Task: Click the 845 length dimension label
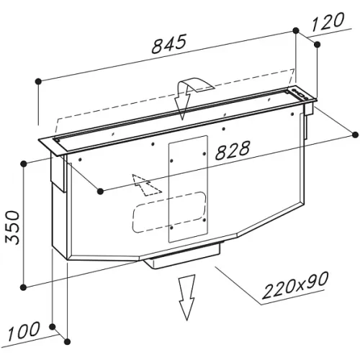pyautogui.click(x=169, y=44)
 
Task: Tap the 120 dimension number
pyautogui.click(x=328, y=22)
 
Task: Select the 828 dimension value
pyautogui.click(x=233, y=150)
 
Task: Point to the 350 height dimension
pyautogui.click(x=13, y=227)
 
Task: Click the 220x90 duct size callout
pyautogui.click(x=294, y=285)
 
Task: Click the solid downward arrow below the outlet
pyautogui.click(x=186, y=297)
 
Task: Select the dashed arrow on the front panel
pyautogui.click(x=145, y=185)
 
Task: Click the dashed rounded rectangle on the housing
pyautogui.click(x=169, y=212)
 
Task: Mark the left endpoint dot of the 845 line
pyautogui.click(x=38, y=81)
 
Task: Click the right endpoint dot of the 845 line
pyautogui.click(x=296, y=30)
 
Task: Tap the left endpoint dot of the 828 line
pyautogui.click(x=100, y=192)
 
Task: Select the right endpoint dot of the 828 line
pyautogui.click(x=355, y=135)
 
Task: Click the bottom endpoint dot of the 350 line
pyautogui.click(x=23, y=287)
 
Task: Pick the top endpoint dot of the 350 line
pyautogui.click(x=23, y=164)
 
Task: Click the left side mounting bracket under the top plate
pyautogui.click(x=58, y=172)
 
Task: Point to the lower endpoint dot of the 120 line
pyautogui.click(x=317, y=45)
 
